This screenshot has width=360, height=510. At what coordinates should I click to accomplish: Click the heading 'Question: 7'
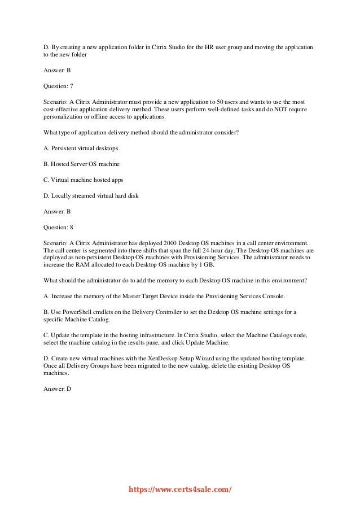58,86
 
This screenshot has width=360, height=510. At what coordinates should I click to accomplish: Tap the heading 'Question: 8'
58,226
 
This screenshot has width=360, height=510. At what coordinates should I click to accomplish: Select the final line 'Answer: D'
57,389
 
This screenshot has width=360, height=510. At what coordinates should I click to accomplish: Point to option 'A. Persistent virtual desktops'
81,149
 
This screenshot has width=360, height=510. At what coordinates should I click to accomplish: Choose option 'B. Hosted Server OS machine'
81,164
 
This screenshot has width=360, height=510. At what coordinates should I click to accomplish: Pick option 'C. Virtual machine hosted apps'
83,180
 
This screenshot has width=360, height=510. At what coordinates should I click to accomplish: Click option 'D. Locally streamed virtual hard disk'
91,195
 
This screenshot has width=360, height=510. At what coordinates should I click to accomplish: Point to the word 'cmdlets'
107,311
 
